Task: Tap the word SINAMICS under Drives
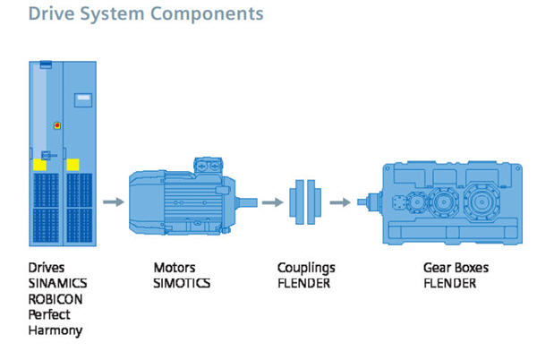56,284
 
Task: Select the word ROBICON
55,299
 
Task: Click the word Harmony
53,330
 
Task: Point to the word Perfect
49,315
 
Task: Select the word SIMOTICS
182,284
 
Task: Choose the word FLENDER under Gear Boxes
449,284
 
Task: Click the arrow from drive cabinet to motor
113,202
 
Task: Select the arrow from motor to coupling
271,202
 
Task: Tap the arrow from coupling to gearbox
338,202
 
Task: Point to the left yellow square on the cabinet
40,166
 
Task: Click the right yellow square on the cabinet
73,165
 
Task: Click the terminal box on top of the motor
207,166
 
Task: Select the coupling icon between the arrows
304,201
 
